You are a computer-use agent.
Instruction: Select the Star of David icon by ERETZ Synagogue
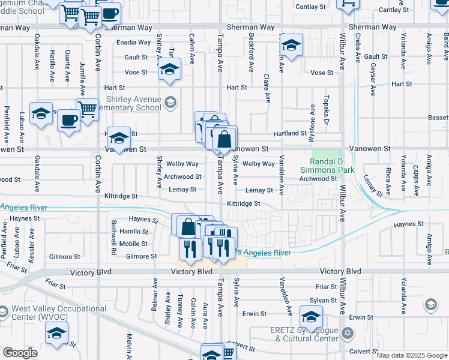pos(346,332)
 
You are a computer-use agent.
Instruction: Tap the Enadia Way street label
pos(134,43)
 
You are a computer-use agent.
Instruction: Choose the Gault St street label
pos(136,57)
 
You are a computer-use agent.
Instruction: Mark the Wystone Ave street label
pos(312,119)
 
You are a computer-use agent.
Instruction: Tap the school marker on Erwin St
pos(311,316)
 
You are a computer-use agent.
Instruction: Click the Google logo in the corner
pos(20,353)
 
